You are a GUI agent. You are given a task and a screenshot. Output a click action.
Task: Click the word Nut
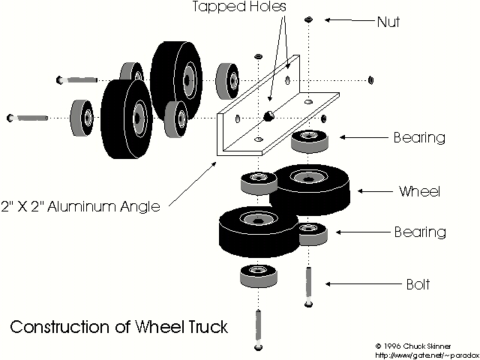coord(388,22)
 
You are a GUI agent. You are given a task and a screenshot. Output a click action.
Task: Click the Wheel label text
coord(418,191)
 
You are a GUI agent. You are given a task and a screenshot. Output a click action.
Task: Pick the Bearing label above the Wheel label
coord(419,138)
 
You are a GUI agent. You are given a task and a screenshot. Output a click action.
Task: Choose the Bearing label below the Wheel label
coord(419,232)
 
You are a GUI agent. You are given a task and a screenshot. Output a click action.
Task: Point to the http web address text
coord(424,355)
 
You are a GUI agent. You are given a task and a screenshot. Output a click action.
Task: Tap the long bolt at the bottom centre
coord(259,331)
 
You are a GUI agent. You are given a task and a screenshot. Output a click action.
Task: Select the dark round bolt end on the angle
coord(268,115)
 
